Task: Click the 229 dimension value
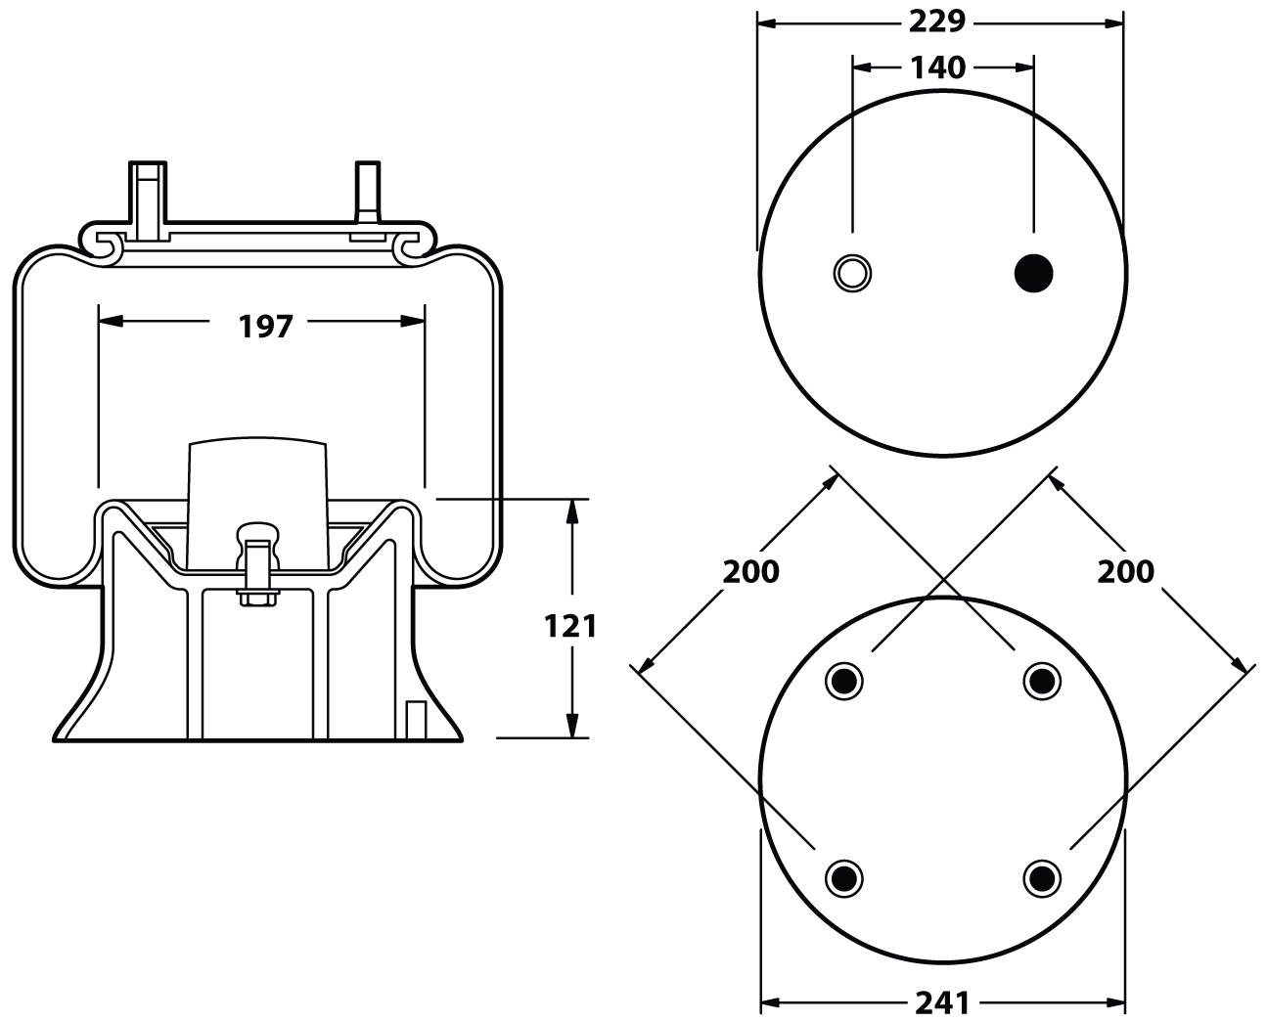938,21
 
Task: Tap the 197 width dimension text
266,326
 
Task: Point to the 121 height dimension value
569,626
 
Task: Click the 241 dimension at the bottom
942,1001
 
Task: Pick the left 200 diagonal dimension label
750,570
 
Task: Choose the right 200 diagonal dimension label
1125,570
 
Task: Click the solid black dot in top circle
1034,272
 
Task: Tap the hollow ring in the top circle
852,272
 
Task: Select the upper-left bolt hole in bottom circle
844,680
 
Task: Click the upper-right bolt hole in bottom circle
1042,680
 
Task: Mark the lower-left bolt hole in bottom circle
844,876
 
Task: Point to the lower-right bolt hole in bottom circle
1042,876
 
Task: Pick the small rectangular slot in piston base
416,719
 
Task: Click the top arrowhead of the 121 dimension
570,509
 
